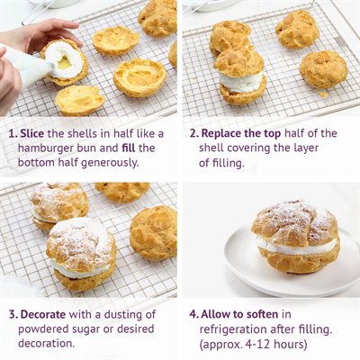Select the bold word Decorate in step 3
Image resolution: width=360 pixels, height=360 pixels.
[48, 315]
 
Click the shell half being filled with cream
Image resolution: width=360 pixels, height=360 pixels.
[65, 60]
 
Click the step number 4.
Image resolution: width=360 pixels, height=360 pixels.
[193, 315]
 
